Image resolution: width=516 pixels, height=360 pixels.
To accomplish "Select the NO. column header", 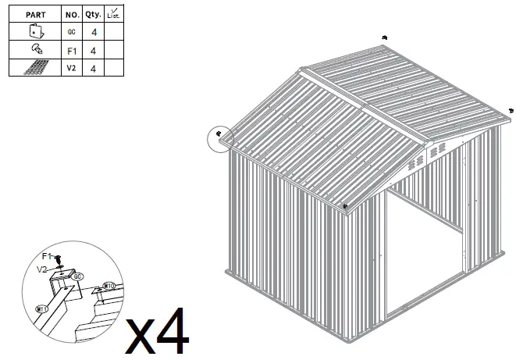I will click(71, 14).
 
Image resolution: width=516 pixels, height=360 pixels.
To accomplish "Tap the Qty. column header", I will click(94, 14).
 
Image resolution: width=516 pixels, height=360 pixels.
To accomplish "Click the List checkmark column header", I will click(115, 14).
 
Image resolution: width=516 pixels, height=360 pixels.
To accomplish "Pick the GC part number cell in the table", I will click(71, 32).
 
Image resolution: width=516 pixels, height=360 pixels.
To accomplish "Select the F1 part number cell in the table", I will click(71, 51).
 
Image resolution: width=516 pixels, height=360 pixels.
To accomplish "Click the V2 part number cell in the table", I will click(71, 69).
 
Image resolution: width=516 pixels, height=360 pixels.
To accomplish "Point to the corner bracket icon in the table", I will click(35, 32).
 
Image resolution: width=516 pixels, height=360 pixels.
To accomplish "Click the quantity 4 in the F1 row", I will click(94, 51).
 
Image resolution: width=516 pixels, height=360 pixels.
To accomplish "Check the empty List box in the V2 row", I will click(115, 69).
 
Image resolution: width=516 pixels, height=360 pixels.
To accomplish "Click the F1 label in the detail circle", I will click(47, 256).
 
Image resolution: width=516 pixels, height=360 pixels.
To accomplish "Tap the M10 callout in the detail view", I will click(109, 287).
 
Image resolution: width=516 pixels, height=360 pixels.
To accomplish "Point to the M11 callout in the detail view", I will click(43, 309).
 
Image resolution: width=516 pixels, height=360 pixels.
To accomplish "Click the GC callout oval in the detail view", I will click(77, 276).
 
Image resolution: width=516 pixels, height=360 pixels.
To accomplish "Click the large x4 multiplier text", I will click(158, 332).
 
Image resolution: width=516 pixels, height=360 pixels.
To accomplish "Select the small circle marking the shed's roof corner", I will click(221, 138).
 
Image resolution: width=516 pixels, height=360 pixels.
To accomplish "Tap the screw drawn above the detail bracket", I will click(59, 258).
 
